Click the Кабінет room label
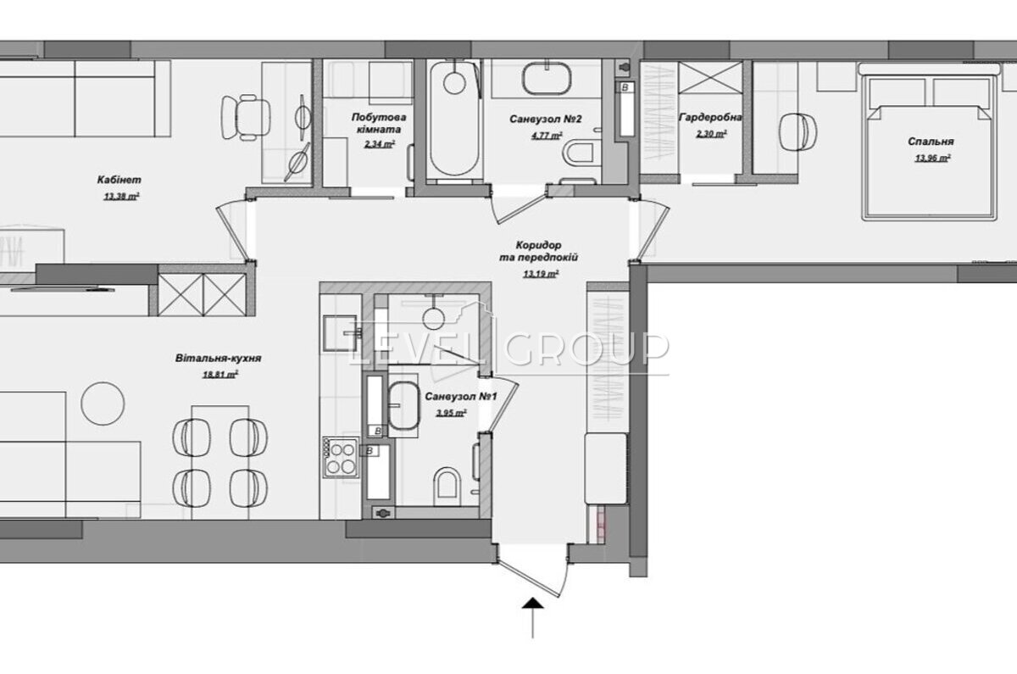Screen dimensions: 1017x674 [x=119, y=180]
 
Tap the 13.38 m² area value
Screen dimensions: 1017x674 [x=121, y=196]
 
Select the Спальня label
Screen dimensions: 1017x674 [x=931, y=142]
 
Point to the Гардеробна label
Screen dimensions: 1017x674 [x=710, y=118]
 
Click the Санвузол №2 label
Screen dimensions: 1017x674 [x=545, y=119]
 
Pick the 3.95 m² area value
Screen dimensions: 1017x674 [x=451, y=414]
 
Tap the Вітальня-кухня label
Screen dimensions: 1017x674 [x=219, y=359]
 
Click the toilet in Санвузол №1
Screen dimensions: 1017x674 [x=447, y=487]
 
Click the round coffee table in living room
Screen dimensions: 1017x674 [x=103, y=404]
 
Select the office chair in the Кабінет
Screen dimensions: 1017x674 [x=246, y=117]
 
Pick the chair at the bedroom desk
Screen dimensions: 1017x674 [x=797, y=131]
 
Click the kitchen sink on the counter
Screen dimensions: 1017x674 [x=340, y=333]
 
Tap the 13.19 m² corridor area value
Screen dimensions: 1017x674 [x=541, y=274]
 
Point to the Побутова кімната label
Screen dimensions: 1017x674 [x=379, y=123]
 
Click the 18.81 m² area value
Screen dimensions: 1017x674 [x=220, y=375]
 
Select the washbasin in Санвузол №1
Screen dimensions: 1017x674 [x=403, y=405]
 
